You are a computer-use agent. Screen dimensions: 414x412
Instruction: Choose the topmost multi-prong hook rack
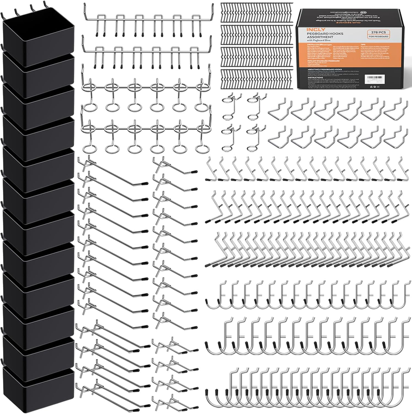pos(147,21)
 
